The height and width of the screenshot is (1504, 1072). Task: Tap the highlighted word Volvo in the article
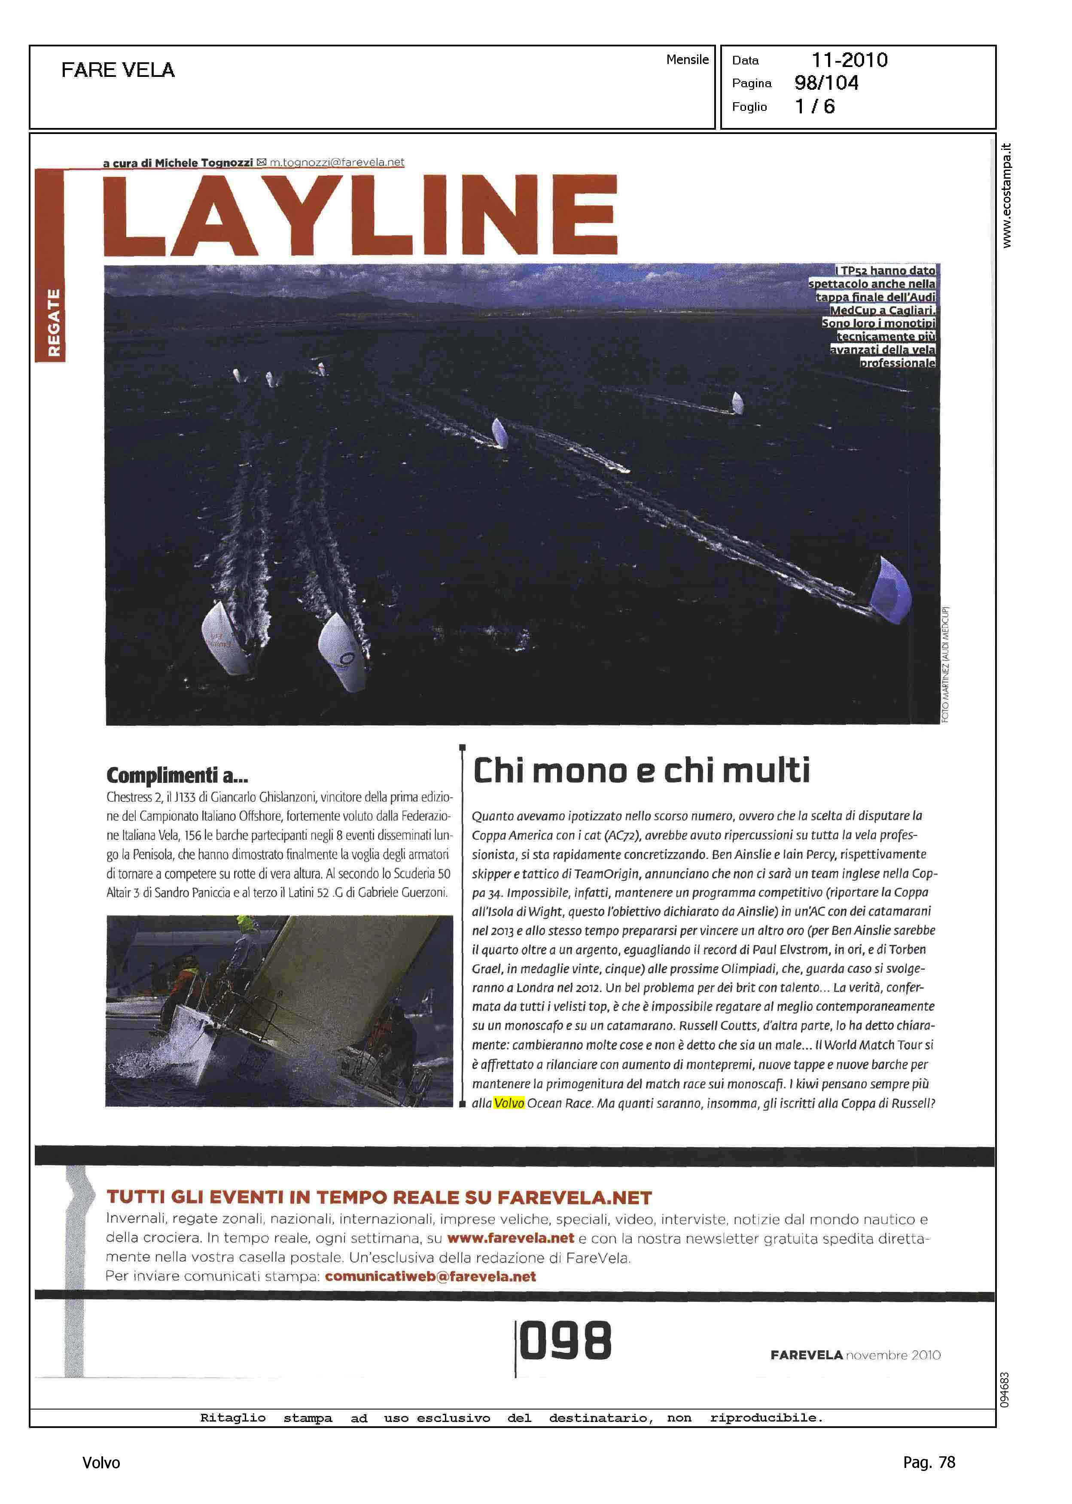[x=509, y=1103]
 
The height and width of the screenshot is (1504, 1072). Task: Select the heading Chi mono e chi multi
[x=641, y=770]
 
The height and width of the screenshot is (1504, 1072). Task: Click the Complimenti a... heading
[x=177, y=775]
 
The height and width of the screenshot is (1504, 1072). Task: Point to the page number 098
[x=566, y=1341]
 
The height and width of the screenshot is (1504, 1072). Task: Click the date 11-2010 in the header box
[x=849, y=60]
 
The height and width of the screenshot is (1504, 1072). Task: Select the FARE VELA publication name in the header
[x=118, y=70]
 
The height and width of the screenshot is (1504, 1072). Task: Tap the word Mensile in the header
[x=687, y=59]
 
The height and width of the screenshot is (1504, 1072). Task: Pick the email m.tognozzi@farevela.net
[x=337, y=162]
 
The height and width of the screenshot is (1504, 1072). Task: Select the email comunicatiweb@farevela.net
[x=430, y=1276]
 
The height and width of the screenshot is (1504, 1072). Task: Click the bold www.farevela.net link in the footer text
[x=510, y=1238]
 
